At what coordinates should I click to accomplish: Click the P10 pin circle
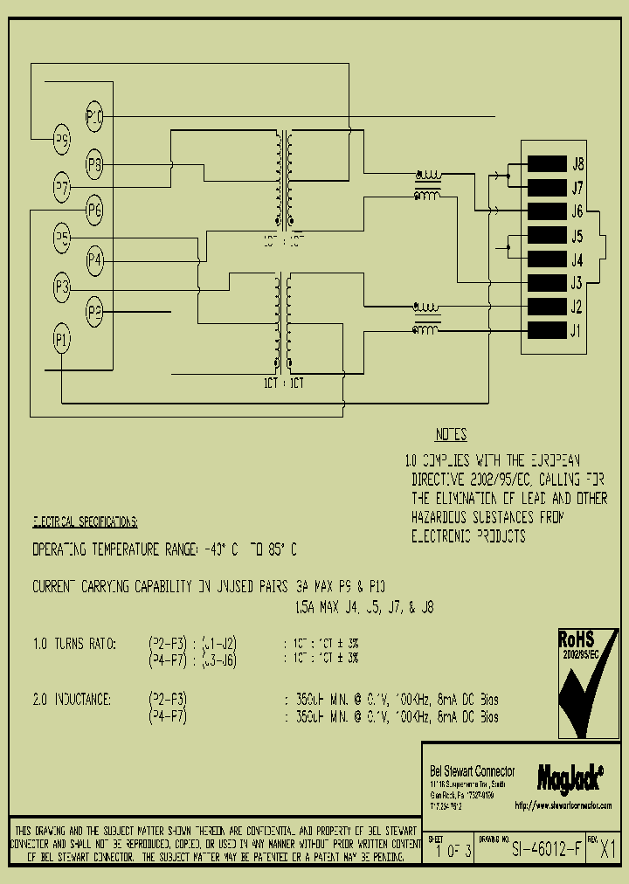pos(94,115)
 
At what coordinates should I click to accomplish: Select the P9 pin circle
pos(62,138)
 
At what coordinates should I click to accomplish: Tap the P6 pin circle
pos(94,210)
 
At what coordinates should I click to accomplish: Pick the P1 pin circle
pos(62,340)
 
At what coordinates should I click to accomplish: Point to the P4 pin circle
pos(94,260)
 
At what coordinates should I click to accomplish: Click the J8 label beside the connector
pos(577,163)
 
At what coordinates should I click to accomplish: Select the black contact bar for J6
pos(546,211)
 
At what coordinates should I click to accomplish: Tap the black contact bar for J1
pos(546,330)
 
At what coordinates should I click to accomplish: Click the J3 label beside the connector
pos(577,283)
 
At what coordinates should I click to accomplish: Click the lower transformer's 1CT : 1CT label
pos(285,383)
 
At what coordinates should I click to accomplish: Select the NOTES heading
pos(451,435)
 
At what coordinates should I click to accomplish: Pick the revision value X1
pos(608,850)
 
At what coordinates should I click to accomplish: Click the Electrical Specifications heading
pos(85,521)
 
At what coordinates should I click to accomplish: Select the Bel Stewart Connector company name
pos(472,770)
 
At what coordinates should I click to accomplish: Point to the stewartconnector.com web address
pos(563,805)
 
